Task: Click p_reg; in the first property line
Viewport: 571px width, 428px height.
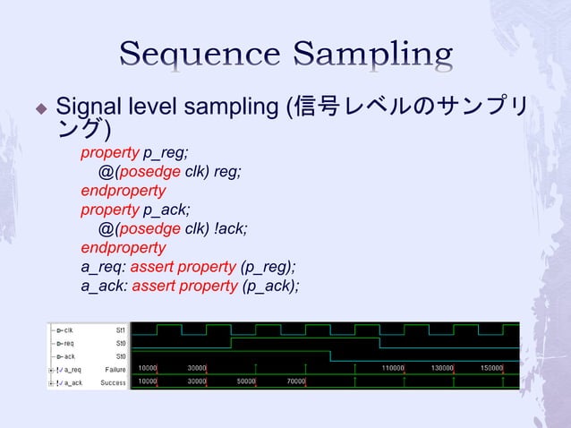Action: click(166, 152)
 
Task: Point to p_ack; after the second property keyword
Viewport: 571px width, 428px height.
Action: click(166, 210)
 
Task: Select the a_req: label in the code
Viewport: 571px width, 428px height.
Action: click(104, 267)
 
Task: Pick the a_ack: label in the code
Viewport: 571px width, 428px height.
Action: click(104, 286)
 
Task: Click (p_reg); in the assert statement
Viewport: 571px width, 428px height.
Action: click(268, 267)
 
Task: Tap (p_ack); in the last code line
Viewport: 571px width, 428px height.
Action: click(269, 286)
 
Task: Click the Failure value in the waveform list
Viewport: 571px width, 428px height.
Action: click(115, 369)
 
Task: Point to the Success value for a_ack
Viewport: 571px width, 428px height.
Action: click(114, 381)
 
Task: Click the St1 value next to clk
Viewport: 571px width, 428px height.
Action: click(121, 330)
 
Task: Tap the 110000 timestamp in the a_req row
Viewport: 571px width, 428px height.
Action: click(393, 369)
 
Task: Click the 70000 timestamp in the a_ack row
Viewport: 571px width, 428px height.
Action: click(296, 381)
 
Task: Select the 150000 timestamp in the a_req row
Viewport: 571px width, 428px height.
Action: click(491, 369)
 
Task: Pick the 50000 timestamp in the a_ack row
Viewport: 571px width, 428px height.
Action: click(247, 381)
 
